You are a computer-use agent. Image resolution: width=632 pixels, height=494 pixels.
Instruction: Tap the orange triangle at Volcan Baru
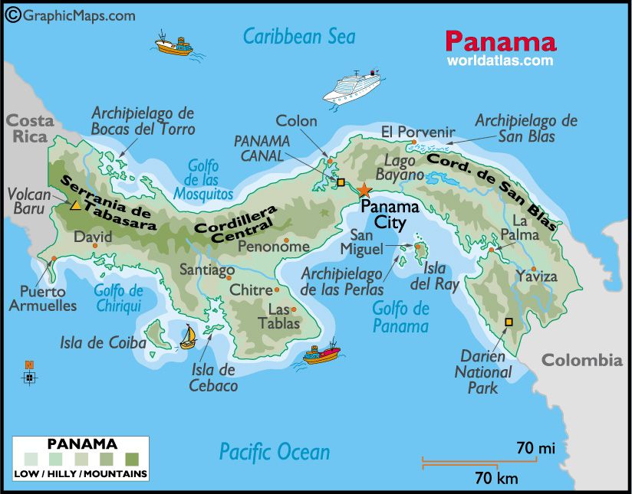coord(75,205)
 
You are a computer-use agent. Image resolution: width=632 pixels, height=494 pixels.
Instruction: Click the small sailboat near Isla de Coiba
coord(188,336)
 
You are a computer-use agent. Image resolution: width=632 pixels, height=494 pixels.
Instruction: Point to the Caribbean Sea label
coord(299,36)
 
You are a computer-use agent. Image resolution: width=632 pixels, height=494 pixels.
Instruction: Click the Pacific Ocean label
coord(275,451)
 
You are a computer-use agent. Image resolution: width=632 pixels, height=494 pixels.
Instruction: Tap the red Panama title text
coord(500,41)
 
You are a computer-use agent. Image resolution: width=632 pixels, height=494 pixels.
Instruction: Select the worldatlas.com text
coord(500,60)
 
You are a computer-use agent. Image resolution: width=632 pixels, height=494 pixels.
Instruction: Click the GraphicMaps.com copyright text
coord(71,15)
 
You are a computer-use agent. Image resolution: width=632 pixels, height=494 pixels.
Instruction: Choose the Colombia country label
coord(582,360)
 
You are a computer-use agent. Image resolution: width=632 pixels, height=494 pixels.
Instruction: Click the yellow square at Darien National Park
coord(508,322)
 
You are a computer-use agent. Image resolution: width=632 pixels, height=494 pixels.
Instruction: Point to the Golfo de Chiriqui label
coord(118,298)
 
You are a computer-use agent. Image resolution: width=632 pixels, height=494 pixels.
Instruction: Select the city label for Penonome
coord(273,246)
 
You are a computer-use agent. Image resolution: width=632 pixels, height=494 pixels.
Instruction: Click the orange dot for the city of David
coord(95,246)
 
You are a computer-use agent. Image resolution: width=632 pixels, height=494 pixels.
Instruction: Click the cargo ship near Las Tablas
coord(321,354)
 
